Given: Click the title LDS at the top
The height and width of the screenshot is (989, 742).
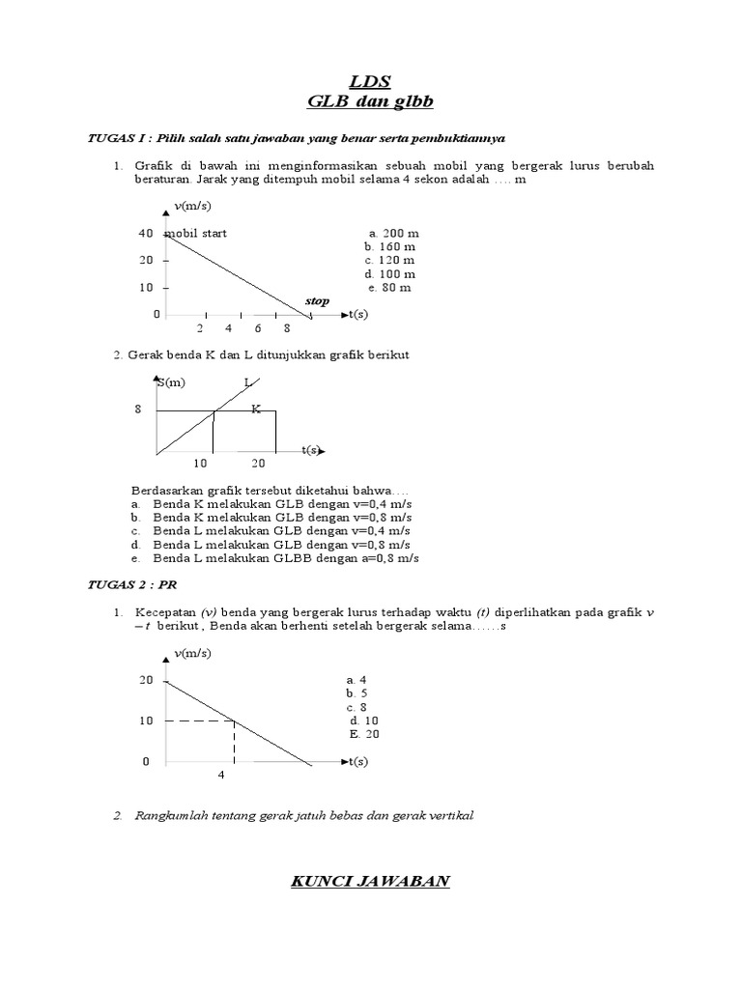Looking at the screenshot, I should pyautogui.click(x=371, y=80).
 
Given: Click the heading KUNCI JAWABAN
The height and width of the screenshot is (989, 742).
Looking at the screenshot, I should pyautogui.click(x=371, y=881).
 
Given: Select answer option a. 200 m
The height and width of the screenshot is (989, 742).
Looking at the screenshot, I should pyautogui.click(x=393, y=234).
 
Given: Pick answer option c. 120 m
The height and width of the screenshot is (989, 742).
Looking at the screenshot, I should pyautogui.click(x=390, y=261).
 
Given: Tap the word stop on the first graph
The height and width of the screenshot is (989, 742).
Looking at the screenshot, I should pyautogui.click(x=317, y=301).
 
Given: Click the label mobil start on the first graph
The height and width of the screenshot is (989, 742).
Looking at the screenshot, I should pyautogui.click(x=197, y=234).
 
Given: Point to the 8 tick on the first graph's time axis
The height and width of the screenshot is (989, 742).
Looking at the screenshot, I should pyautogui.click(x=287, y=328).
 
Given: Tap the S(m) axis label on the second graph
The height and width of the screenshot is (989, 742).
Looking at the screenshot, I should pyautogui.click(x=174, y=383).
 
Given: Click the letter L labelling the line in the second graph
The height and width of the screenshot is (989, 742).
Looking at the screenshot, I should pyautogui.click(x=247, y=383).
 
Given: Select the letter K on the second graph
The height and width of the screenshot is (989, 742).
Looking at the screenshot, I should pyautogui.click(x=256, y=410).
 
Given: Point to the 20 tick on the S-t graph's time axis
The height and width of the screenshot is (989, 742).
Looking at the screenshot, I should pyautogui.click(x=259, y=464).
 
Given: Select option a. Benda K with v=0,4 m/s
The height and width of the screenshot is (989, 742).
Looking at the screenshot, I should pyautogui.click(x=271, y=504).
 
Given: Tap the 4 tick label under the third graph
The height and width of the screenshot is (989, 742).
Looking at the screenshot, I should pyautogui.click(x=220, y=775).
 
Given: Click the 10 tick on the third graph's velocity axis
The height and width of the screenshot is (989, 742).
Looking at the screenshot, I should pyautogui.click(x=145, y=721).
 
